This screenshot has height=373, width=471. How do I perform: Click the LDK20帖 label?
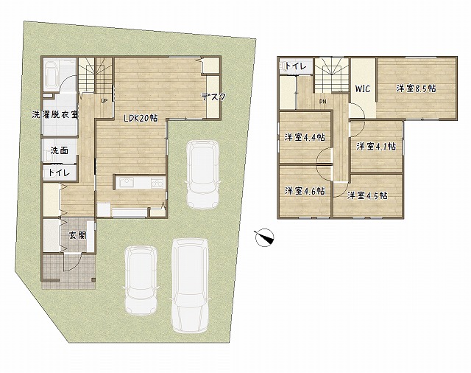coord(141,118)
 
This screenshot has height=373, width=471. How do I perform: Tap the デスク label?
coord(213,97)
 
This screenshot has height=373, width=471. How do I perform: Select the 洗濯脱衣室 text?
coord(55,114)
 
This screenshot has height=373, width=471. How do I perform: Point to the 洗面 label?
coord(59,150)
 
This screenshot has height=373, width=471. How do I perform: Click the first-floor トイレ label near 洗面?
coord(59,172)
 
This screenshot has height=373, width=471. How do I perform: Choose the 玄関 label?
coord(78,235)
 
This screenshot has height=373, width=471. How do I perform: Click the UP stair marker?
coord(104,101)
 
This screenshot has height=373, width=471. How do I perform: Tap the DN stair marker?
coord(322,102)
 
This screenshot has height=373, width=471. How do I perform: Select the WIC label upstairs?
coord(363,88)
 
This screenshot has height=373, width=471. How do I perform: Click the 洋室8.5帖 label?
coord(416,88)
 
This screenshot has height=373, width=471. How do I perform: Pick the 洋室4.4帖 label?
coord(305,137)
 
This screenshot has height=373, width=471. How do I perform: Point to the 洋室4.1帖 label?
coord(376,147)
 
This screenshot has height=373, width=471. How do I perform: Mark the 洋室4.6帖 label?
coord(305,191)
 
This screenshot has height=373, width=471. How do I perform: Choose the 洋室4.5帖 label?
coord(367,195)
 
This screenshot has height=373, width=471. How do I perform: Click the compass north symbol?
coord(264,238)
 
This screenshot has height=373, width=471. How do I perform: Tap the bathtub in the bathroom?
coord(52,74)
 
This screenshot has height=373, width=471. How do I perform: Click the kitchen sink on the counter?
coord(127,183)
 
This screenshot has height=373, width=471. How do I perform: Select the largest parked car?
coord(190,285)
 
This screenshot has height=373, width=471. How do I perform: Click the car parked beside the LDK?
coord(202,175)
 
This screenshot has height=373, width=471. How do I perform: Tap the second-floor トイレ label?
coord(295,66)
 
